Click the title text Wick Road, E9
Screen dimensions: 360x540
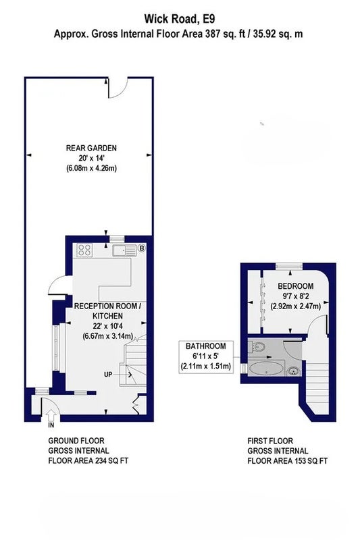(179, 19)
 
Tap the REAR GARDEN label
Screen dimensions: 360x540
(91, 148)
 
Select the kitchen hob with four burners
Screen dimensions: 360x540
(84, 250)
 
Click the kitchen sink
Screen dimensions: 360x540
(124, 250)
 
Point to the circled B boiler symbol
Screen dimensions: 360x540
(141, 248)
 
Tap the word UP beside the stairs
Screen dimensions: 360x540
(108, 374)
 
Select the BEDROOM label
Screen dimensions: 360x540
(296, 286)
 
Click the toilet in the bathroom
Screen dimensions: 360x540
(256, 347)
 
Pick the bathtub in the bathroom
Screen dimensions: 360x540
(267, 369)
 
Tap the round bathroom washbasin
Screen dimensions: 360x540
(293, 371)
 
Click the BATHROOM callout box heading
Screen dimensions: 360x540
(205, 346)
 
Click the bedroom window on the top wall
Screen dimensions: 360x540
(289, 265)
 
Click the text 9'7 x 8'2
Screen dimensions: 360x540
(296, 296)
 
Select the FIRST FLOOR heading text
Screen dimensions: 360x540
(270, 441)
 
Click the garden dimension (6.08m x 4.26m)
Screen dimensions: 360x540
(91, 168)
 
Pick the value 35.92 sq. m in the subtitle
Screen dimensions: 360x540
(278, 34)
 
